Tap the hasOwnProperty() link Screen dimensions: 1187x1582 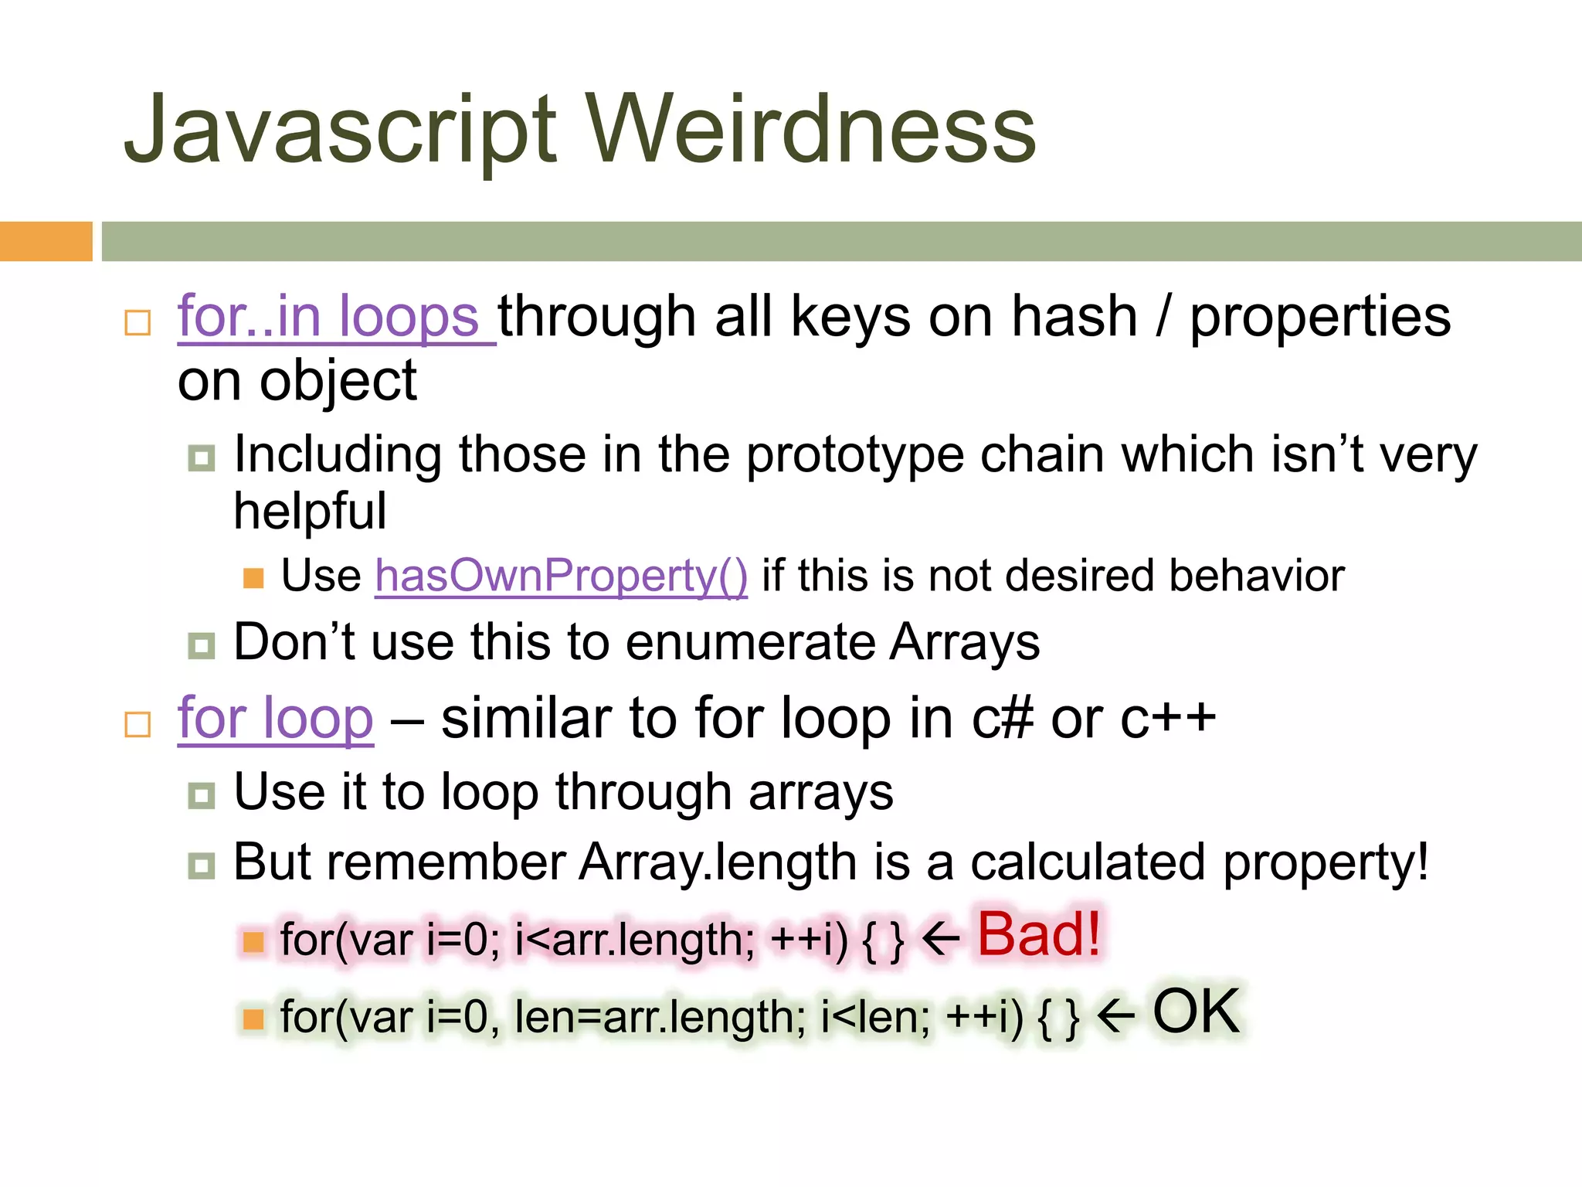562,576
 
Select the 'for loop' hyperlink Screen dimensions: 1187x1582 276,719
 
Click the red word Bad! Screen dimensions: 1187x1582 1039,935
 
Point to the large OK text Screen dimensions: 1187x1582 1196,1012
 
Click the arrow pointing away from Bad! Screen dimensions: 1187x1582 941,940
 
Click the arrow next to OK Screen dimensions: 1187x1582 1115,1016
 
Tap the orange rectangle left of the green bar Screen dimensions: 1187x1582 46,241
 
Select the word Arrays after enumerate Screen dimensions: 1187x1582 964,643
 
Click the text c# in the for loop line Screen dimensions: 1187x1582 1002,719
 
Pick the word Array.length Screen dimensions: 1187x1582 718,862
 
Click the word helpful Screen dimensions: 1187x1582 310,512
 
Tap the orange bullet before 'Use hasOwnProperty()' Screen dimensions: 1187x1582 253,578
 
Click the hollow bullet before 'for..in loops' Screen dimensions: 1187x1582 137,322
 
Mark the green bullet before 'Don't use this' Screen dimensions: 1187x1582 202,645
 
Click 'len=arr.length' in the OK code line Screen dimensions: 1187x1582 660,1018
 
